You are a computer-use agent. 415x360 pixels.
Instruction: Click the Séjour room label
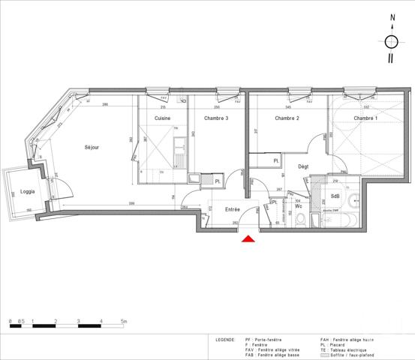tap(92, 147)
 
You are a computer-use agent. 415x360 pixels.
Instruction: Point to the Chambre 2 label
tap(287, 118)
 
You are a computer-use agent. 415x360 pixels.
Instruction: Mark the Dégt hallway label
tap(304, 166)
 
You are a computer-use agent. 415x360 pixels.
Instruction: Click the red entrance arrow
tap(248, 238)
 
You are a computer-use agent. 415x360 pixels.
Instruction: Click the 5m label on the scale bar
tap(124, 320)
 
